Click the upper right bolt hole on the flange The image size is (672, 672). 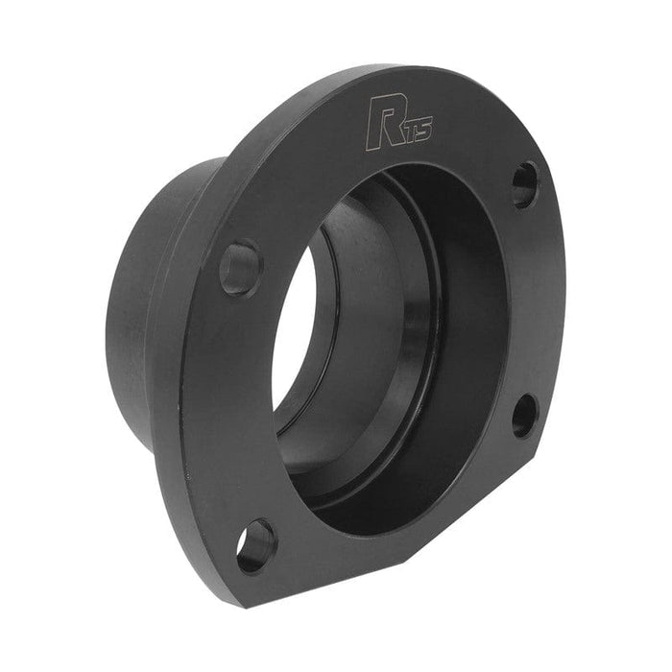click(x=524, y=183)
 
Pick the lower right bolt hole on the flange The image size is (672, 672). click(x=524, y=415)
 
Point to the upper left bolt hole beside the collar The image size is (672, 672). click(x=240, y=268)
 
